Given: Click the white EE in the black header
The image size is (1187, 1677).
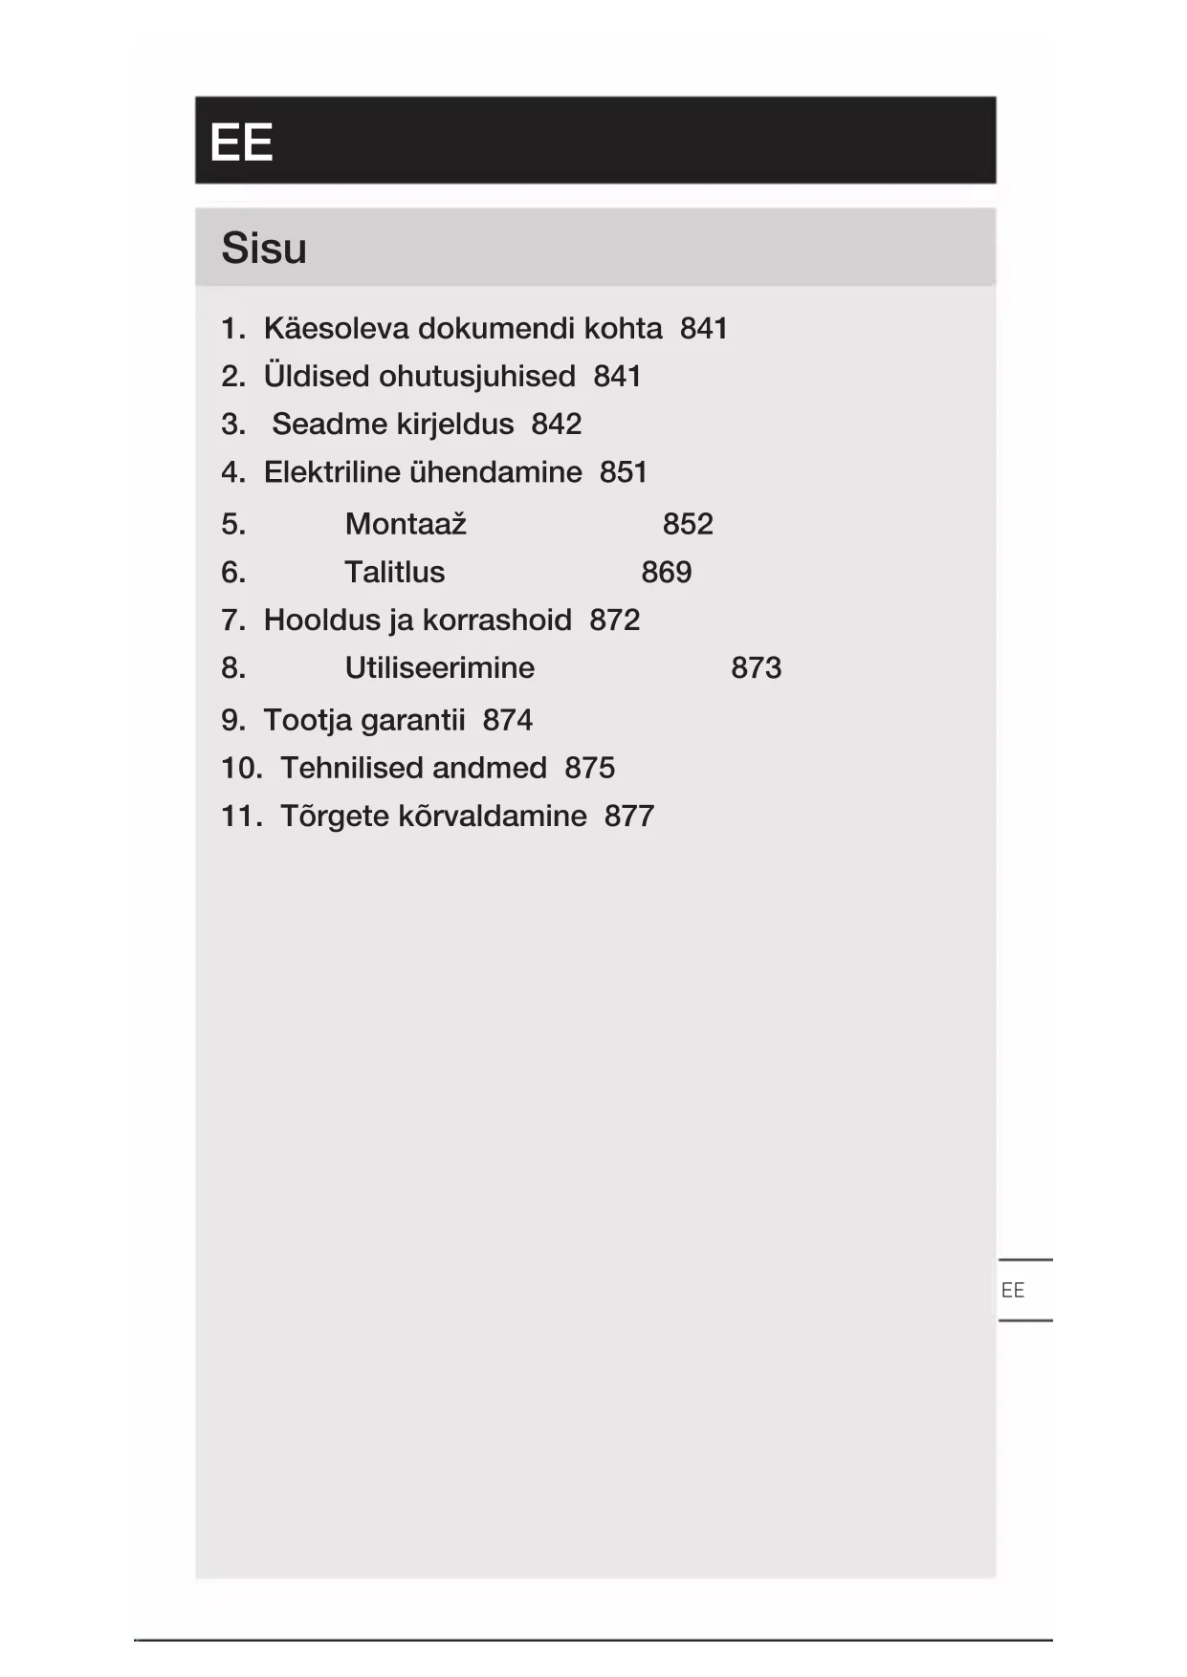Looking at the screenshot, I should click(241, 142).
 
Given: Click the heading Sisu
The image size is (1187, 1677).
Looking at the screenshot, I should click(264, 249).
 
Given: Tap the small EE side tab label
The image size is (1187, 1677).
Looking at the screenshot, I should click(1012, 1291).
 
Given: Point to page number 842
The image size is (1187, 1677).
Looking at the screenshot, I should click(556, 425).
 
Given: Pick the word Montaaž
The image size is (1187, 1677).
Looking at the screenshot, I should click(406, 524).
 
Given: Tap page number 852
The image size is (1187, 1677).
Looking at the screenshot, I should click(688, 524).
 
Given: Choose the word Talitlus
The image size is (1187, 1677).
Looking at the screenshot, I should click(394, 572).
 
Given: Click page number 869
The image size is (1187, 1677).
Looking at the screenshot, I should click(666, 572).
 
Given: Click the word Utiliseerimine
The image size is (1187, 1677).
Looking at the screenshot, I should click(439, 667).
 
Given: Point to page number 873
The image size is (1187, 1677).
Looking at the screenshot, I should click(756, 667).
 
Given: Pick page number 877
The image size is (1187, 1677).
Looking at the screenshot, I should click(628, 817).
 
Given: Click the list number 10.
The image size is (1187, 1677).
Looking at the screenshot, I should click(241, 768).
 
